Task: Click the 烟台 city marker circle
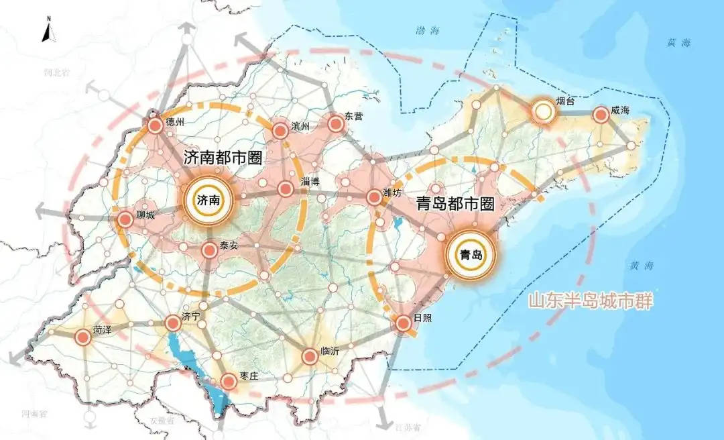tap(545, 112)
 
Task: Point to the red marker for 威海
tap(601, 115)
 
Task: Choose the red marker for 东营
tap(335, 123)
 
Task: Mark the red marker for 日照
tap(404, 323)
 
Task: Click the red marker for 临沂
tap(310, 356)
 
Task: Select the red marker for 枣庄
tap(229, 382)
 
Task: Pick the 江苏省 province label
tap(407, 427)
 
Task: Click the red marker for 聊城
tap(125, 219)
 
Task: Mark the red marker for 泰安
tap(209, 250)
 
